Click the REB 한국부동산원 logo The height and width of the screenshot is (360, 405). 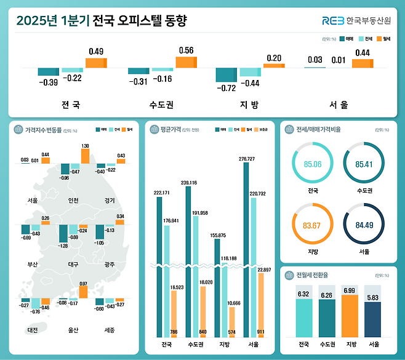pyautogui.click(x=355, y=21)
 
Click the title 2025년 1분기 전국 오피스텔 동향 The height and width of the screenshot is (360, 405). pyautogui.click(x=101, y=21)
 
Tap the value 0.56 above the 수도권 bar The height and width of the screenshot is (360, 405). pyautogui.click(x=185, y=50)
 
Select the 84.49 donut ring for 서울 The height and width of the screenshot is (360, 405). pyautogui.click(x=363, y=224)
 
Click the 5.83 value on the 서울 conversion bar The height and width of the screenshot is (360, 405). pyautogui.click(x=373, y=297)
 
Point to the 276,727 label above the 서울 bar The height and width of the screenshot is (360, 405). pyautogui.click(x=247, y=159)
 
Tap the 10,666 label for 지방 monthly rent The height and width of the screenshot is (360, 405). pyautogui.click(x=234, y=303)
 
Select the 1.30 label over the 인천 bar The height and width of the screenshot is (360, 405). pyautogui.click(x=85, y=145)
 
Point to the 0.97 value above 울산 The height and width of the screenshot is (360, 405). pyautogui.click(x=83, y=284)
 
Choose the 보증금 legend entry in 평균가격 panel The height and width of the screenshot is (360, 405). pyautogui.click(x=262, y=130)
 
